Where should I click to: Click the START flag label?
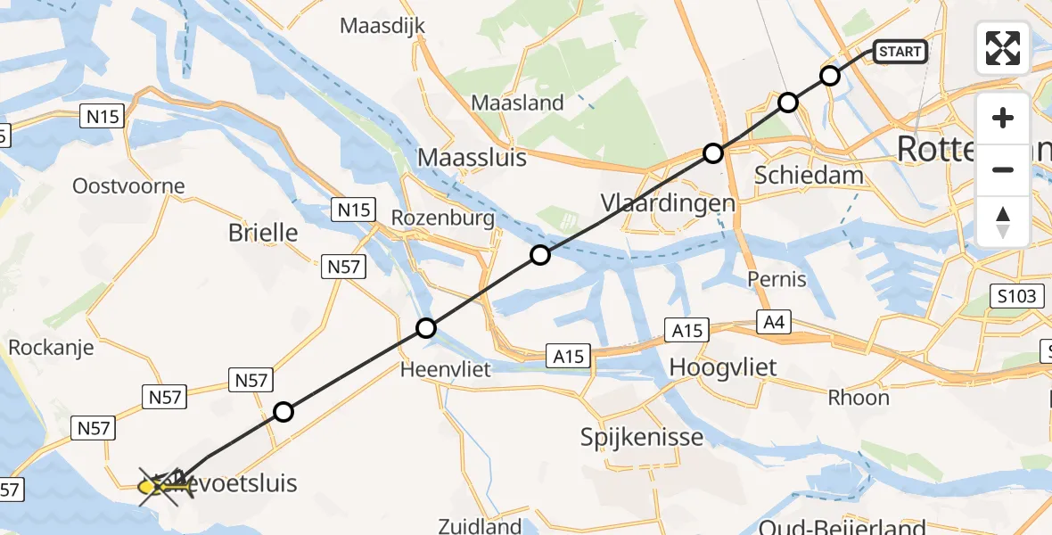click(900, 52)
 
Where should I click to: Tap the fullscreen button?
click(1003, 48)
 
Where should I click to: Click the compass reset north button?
click(1003, 222)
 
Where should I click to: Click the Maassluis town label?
click(472, 159)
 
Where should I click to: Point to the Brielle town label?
click(263, 233)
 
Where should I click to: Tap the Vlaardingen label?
click(668, 202)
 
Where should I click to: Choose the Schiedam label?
click(809, 175)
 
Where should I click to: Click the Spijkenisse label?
click(642, 437)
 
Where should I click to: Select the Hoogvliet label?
click(722, 366)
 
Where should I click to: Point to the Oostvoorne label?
click(129, 186)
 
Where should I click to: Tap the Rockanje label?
click(51, 347)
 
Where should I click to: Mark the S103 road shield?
click(1017, 296)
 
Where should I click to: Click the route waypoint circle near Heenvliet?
click(426, 328)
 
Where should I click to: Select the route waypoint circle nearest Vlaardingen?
click(712, 153)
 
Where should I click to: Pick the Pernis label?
click(777, 279)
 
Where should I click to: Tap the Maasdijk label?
click(382, 26)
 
